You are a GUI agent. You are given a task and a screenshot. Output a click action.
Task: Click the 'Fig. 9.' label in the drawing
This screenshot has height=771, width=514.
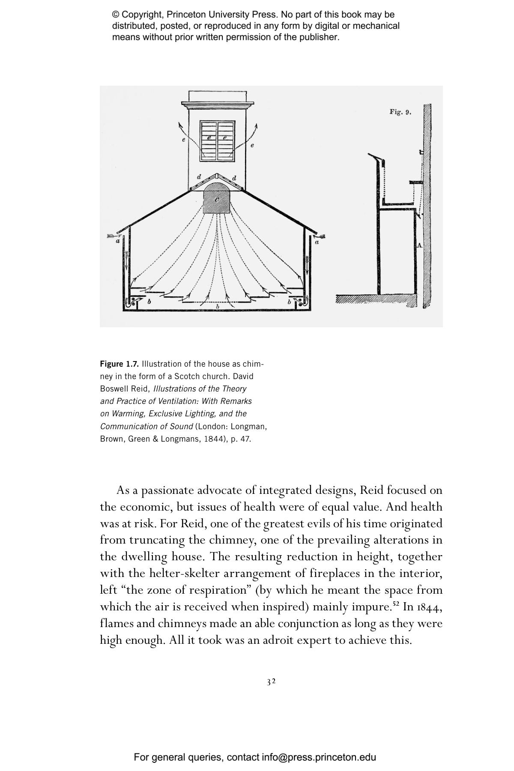(400, 112)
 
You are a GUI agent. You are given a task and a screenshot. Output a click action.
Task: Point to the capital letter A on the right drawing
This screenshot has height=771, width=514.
(419, 245)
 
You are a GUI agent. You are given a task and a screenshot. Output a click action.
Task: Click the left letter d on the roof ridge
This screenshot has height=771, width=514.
(199, 176)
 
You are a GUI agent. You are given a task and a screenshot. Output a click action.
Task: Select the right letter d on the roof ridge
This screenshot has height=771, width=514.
(234, 178)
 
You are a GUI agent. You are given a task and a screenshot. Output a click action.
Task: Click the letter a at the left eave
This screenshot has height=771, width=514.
(118, 241)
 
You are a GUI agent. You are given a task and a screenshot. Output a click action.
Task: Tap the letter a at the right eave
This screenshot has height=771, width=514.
(317, 242)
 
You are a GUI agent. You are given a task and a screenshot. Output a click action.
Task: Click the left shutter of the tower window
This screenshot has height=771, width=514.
(209, 141)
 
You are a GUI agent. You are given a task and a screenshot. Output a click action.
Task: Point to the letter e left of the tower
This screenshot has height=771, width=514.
(184, 139)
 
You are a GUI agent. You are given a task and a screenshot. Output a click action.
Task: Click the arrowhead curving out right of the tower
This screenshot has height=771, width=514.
(256, 126)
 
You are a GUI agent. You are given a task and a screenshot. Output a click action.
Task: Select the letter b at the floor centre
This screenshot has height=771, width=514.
(218, 307)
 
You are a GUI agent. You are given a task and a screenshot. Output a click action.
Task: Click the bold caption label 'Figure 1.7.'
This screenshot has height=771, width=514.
(120, 364)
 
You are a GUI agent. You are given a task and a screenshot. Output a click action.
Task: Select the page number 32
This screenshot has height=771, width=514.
(271, 682)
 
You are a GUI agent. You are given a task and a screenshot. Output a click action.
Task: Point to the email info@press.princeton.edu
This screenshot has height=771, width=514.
(319, 757)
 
